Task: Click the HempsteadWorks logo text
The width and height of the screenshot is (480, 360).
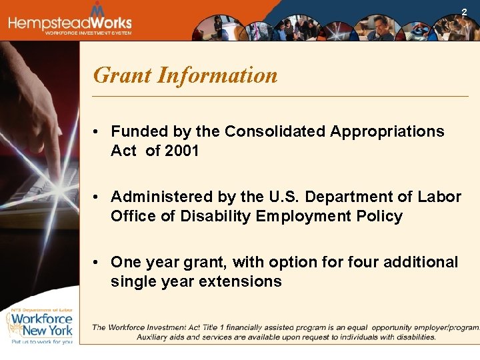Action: pos(70,22)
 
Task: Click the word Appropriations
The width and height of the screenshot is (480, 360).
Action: pos(387,131)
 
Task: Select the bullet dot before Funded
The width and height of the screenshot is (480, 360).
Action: pos(97,132)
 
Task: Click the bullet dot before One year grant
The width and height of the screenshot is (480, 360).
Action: pos(97,263)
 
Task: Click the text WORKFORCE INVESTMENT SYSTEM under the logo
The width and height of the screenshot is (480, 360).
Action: pos(88,33)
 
